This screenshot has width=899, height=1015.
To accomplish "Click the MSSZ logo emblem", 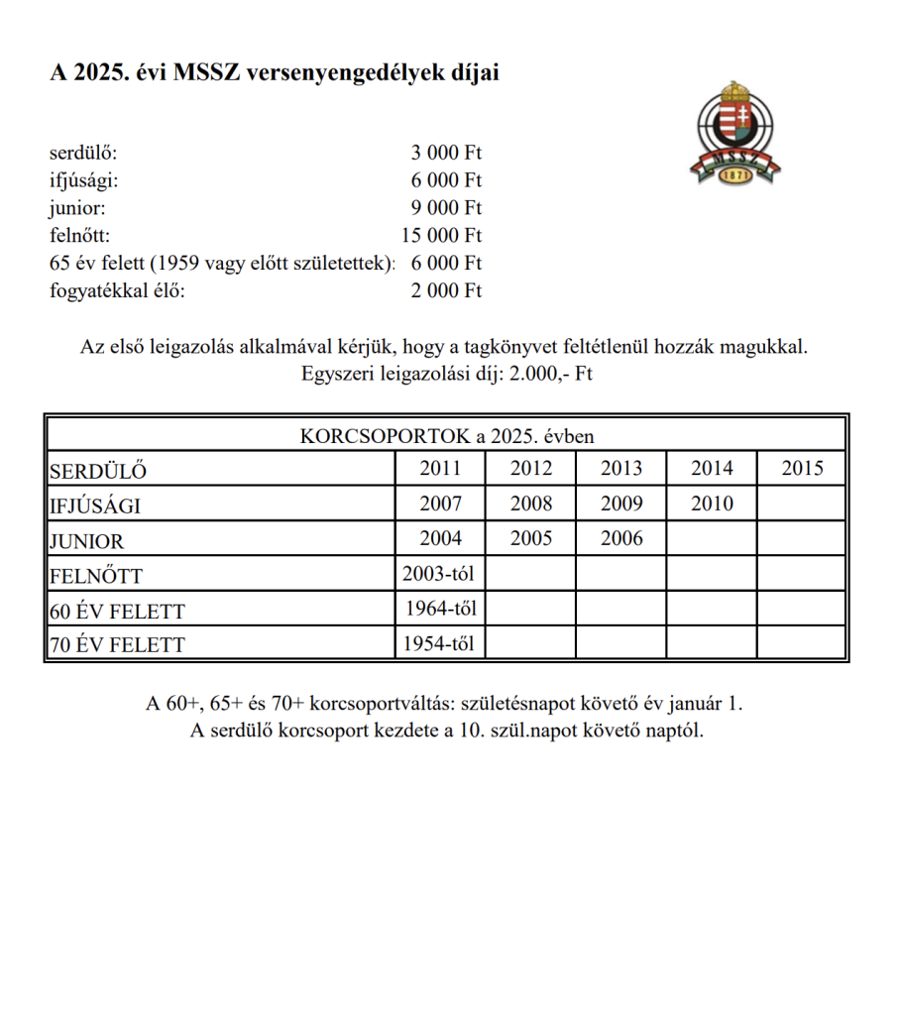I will (x=734, y=133).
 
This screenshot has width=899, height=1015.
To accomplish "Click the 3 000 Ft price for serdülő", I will (x=446, y=154).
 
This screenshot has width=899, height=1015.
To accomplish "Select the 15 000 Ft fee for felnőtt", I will (x=441, y=236).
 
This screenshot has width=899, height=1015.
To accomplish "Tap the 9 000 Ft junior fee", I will (x=446, y=208).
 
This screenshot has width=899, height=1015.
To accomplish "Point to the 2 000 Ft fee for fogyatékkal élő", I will (x=446, y=291).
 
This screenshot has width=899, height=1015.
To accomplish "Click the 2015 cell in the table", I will (x=802, y=469).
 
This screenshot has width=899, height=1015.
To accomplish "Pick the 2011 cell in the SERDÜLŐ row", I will (x=440, y=469).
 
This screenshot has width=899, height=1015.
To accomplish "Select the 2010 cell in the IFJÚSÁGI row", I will (x=712, y=504).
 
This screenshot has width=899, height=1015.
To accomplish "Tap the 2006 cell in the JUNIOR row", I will (x=621, y=538).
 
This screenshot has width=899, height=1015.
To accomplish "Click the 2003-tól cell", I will (x=440, y=574).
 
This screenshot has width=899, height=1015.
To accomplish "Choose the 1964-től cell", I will (x=441, y=609).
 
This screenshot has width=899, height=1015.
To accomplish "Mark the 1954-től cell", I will (x=440, y=643).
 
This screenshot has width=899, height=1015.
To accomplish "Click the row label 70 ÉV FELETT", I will (x=117, y=645).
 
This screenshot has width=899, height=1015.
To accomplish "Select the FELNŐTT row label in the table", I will (x=97, y=576).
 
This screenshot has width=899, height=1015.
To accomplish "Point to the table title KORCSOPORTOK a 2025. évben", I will (x=447, y=435).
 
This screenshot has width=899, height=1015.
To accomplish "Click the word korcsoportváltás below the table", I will (x=388, y=705).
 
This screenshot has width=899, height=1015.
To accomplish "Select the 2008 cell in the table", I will (x=531, y=504).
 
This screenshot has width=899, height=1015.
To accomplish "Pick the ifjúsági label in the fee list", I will (x=83, y=180).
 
